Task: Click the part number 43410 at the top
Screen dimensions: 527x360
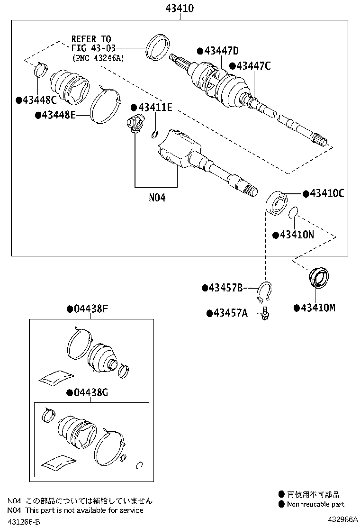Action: tap(180, 8)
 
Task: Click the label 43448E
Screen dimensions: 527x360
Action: tap(58, 115)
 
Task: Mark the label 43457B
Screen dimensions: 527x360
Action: tap(225, 288)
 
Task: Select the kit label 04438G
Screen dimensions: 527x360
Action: tap(90, 392)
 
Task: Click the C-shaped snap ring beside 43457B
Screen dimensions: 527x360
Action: tap(265, 292)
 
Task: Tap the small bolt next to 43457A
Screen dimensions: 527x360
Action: tap(266, 314)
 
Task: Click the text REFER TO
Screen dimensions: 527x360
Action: tap(91, 38)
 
